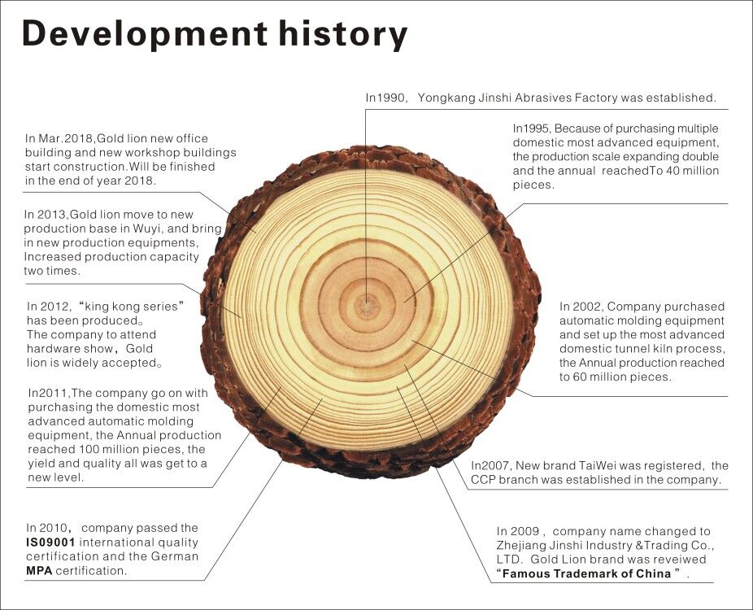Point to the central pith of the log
[x=367, y=306]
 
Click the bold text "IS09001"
[x=50, y=542]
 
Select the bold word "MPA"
[x=39, y=571]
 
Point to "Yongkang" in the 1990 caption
[x=441, y=98]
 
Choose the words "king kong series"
[x=131, y=307]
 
